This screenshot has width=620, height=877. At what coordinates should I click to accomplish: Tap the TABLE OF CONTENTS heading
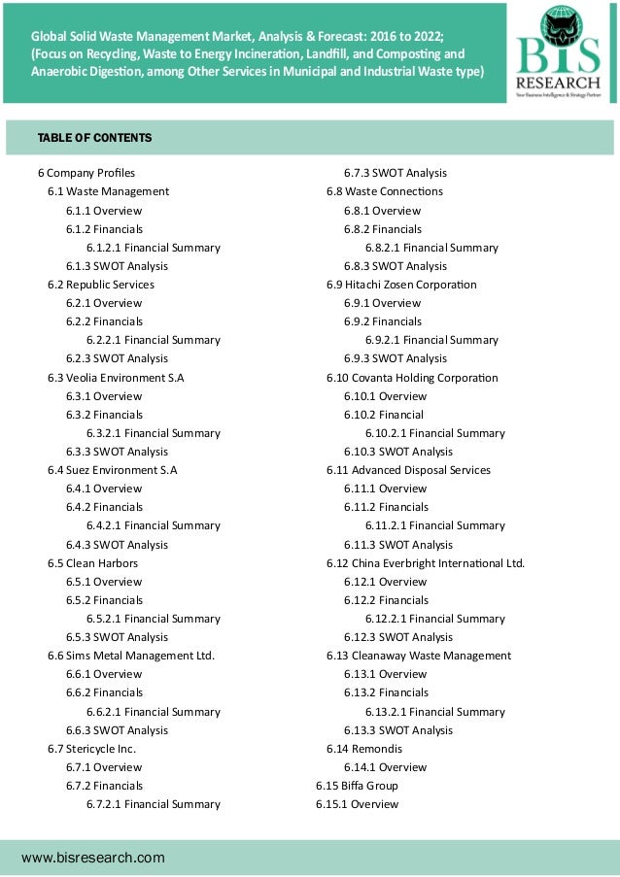click(94, 138)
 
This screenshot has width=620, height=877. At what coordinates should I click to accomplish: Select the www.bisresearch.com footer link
click(93, 858)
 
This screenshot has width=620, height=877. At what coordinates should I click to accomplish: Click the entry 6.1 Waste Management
click(108, 191)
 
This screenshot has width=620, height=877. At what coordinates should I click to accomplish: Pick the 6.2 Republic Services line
click(101, 285)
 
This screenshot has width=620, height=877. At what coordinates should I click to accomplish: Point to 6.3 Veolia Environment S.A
click(114, 377)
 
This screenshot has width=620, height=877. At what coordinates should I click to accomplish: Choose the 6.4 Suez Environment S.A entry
click(113, 470)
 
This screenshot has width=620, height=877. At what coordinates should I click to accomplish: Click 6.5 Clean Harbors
click(92, 562)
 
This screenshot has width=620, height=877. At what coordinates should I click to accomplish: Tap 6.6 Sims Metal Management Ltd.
click(131, 656)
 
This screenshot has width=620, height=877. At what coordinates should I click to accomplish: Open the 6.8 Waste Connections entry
click(384, 191)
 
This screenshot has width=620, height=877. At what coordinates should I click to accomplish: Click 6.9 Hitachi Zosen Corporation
click(401, 285)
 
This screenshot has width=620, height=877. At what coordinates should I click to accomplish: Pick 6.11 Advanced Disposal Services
click(408, 470)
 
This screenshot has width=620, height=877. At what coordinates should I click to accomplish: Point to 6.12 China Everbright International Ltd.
click(426, 562)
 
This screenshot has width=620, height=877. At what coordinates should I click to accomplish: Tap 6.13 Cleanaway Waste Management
click(418, 656)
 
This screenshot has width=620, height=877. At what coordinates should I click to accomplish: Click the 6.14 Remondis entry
click(363, 749)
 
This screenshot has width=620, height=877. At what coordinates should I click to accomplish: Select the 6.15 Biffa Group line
click(357, 785)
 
